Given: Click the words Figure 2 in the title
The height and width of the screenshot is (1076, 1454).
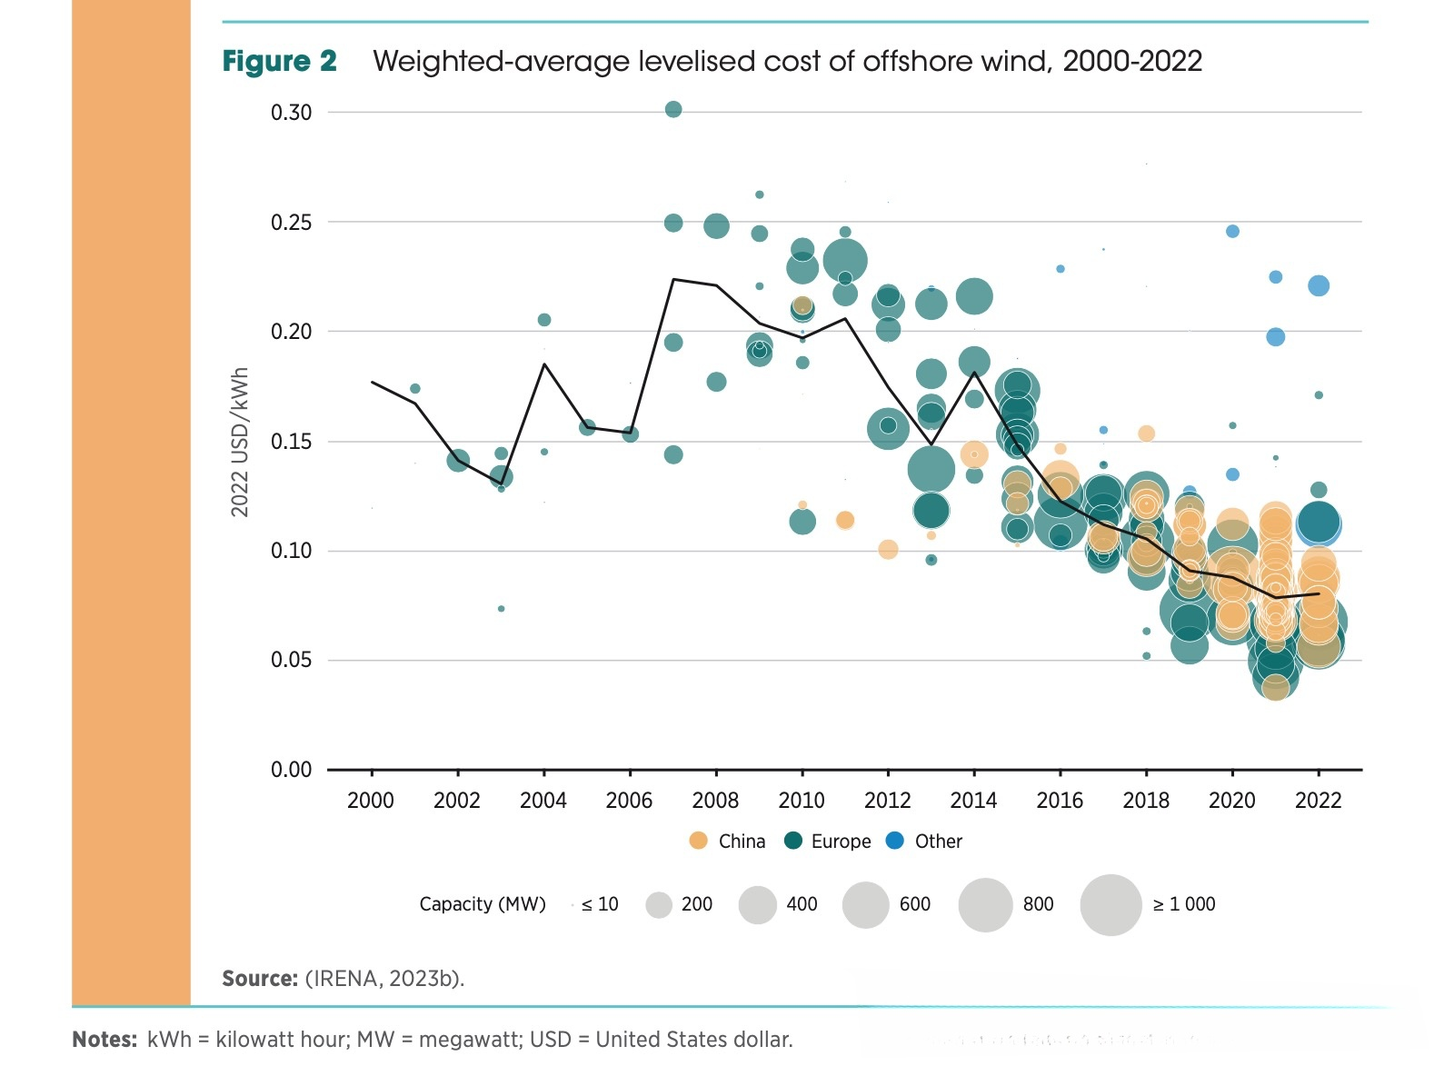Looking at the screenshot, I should tap(279, 62).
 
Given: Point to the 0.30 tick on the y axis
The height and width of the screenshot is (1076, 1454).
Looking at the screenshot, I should tap(291, 113).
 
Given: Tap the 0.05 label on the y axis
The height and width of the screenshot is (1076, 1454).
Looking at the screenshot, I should tap(291, 660).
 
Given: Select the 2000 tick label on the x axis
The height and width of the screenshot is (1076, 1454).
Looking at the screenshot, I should tap(371, 801).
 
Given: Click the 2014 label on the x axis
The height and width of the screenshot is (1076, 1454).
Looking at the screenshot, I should tap(973, 801).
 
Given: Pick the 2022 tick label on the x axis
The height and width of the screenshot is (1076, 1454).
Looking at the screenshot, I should tap(1318, 801).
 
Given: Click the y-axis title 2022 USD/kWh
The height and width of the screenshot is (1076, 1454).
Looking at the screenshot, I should tap(240, 443).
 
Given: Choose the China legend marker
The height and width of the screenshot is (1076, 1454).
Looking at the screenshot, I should tap(698, 841).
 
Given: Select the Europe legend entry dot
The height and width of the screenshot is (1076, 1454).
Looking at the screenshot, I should tap(793, 841).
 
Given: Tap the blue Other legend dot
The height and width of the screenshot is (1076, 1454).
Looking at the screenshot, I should tap(895, 841).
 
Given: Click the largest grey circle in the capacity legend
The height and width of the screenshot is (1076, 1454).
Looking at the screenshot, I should tap(1110, 905).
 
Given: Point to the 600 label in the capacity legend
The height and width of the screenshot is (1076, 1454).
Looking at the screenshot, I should tap(914, 904).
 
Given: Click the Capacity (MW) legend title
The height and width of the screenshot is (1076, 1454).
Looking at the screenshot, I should tap(482, 904).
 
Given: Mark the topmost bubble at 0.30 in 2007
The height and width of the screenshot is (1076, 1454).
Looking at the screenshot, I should tap(673, 109).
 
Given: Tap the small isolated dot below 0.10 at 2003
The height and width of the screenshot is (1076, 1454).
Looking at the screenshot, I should tap(501, 609).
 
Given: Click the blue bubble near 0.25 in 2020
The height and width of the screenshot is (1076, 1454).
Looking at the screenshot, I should tap(1232, 231).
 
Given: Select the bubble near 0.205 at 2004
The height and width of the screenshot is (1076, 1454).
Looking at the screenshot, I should tap(544, 320).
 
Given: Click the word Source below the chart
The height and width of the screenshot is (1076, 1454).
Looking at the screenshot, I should tap(259, 979).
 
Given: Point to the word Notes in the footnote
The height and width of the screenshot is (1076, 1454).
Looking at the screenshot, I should tap(105, 1040).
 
